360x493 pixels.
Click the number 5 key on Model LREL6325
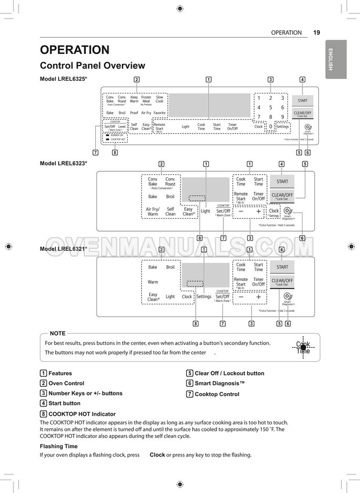[x=271, y=107]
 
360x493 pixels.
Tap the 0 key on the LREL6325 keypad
[x=271, y=126]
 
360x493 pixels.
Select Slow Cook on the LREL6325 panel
[x=159, y=100]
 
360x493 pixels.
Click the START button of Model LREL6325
[x=303, y=100]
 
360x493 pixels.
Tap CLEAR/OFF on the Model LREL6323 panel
[x=282, y=196]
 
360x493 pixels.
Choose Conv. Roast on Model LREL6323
[x=170, y=182]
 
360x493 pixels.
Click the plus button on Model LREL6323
[x=258, y=211]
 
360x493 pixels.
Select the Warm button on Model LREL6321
[x=153, y=282]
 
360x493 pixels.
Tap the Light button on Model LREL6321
[x=170, y=297]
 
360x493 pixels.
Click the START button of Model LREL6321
[x=282, y=267]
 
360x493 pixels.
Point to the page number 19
[x=316, y=33]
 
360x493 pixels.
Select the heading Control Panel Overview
[x=92, y=66]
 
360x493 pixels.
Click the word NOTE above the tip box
[x=57, y=333]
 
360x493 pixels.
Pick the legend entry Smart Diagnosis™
[x=219, y=383]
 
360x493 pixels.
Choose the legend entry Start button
[x=64, y=403]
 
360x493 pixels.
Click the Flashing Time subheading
[x=59, y=446]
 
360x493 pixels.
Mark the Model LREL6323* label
[x=63, y=164]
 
